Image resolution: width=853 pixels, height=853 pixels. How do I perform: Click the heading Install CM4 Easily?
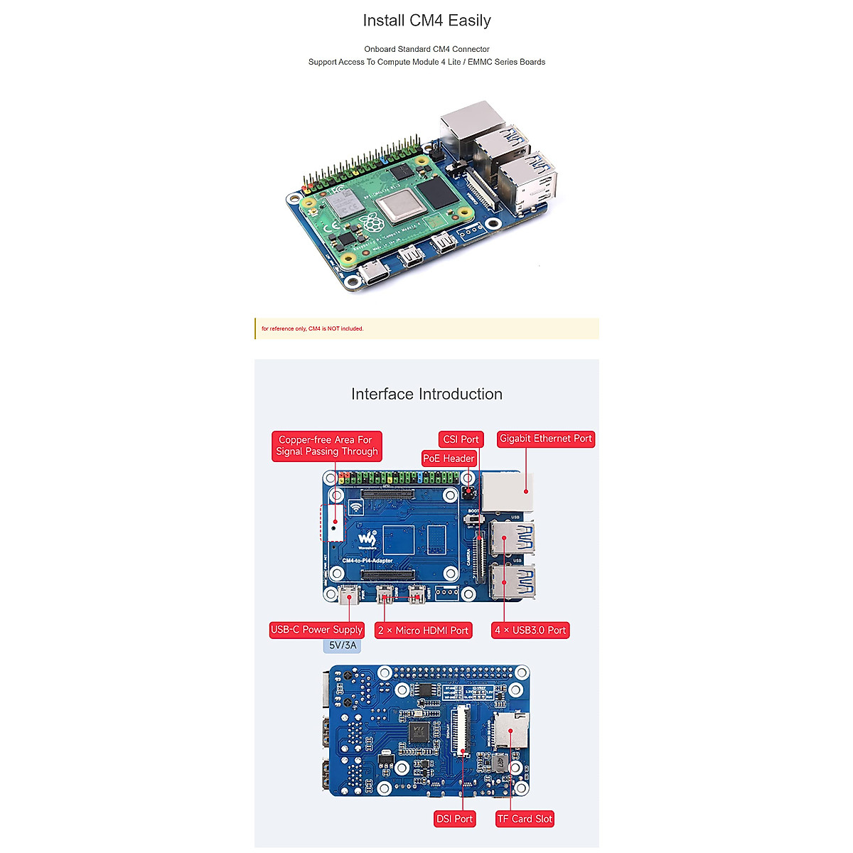tap(426, 21)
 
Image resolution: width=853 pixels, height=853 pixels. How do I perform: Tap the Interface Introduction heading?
tap(426, 394)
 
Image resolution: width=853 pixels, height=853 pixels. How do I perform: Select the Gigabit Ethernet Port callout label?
tap(545, 439)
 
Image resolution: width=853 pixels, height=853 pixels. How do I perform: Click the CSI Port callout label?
tap(461, 439)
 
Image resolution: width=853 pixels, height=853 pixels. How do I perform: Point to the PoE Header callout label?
tap(449, 458)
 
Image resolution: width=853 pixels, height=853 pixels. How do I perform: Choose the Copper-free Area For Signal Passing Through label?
tap(327, 446)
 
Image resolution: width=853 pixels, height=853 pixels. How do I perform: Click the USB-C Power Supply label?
tap(316, 630)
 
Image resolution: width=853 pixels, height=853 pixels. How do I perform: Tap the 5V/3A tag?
tap(342, 645)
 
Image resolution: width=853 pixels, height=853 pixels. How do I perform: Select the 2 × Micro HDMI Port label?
tap(423, 631)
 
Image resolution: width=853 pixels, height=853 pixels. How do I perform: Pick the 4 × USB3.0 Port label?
tap(530, 631)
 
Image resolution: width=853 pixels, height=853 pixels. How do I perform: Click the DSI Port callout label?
tap(454, 819)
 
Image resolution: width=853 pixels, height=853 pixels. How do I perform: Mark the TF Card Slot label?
tap(525, 819)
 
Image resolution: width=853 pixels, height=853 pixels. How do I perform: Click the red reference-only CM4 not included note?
tap(313, 328)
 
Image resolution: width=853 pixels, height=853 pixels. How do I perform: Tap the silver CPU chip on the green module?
tap(400, 206)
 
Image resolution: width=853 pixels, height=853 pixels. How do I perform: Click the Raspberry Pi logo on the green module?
tap(371, 224)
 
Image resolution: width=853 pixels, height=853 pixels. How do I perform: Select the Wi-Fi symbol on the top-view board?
tap(355, 508)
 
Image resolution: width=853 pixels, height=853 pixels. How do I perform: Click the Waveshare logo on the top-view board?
tap(367, 540)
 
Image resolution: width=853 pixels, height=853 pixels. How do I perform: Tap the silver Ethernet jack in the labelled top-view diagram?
tap(507, 491)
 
